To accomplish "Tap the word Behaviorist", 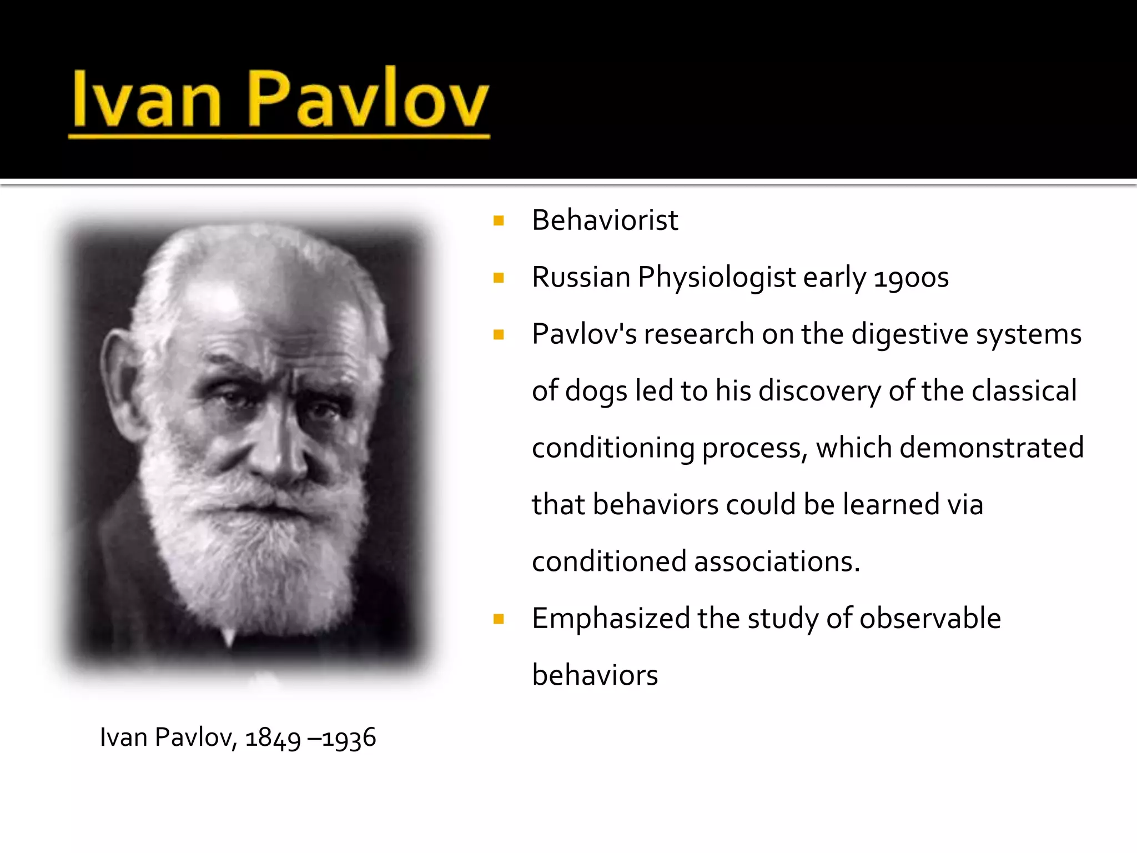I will pyautogui.click(x=605, y=220).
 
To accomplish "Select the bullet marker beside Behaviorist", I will pyautogui.click(x=499, y=221).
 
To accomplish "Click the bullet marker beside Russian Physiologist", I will pyautogui.click(x=499, y=278).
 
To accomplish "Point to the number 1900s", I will pyautogui.click(x=911, y=278).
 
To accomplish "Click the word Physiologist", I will pyautogui.click(x=717, y=278).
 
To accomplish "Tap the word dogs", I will pyautogui.click(x=596, y=392).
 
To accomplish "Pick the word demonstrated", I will pyautogui.click(x=992, y=448).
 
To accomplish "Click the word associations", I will pyautogui.click(x=777, y=561).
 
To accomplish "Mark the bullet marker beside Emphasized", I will pyautogui.click(x=499, y=619).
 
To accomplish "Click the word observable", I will pyautogui.click(x=930, y=618).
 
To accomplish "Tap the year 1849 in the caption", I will pyautogui.click(x=273, y=739).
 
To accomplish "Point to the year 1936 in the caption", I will pyautogui.click(x=349, y=739).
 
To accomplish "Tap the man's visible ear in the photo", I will pyautogui.click(x=119, y=383).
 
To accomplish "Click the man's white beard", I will pyautogui.click(x=250, y=550).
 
